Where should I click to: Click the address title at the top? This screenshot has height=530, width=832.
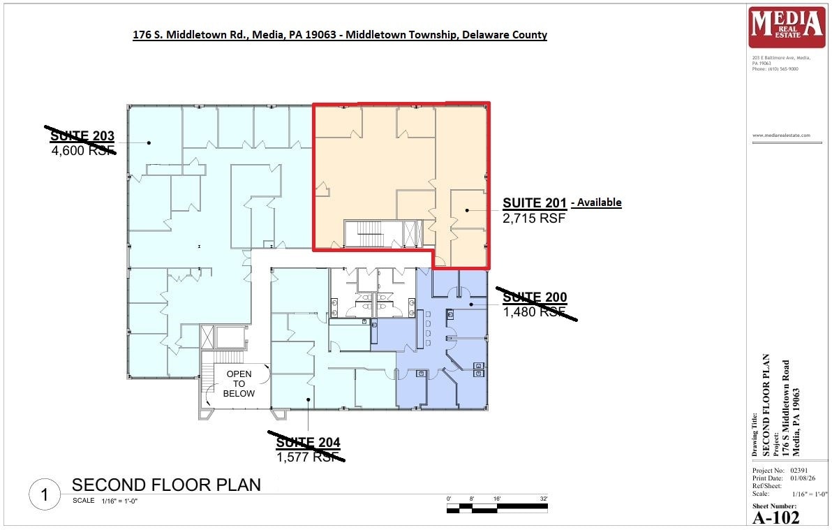click(340, 34)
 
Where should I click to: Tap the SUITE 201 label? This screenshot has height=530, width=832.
click(535, 203)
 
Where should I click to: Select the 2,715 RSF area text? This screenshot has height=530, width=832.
click(534, 218)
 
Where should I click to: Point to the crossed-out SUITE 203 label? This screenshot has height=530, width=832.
click(82, 135)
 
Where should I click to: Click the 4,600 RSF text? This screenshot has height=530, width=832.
click(82, 149)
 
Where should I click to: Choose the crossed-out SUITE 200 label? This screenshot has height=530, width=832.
click(535, 297)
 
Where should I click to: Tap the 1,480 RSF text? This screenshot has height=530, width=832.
click(534, 311)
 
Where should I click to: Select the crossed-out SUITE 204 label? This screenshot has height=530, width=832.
click(308, 442)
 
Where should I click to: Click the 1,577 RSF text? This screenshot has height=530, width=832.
click(308, 457)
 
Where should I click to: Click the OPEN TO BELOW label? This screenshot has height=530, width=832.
click(239, 384)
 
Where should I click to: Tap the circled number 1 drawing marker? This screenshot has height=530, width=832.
click(45, 495)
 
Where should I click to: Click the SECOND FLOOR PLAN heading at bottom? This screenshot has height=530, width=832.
click(166, 485)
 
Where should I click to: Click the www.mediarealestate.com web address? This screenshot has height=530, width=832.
click(781, 135)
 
